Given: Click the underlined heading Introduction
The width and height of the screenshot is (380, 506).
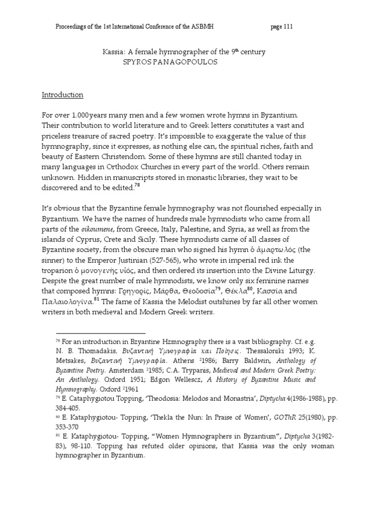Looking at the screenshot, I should click(x=69, y=94).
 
